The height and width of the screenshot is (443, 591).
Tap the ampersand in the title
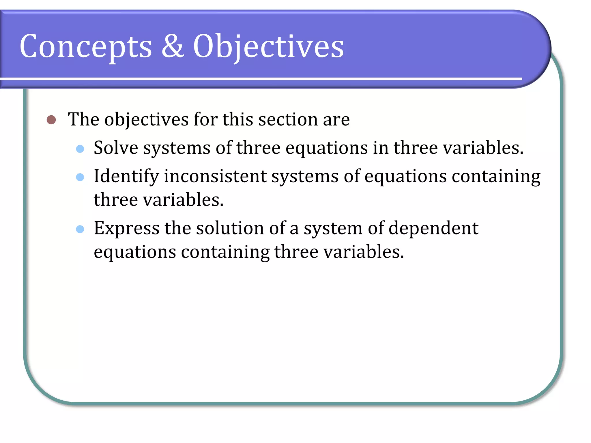[173, 46]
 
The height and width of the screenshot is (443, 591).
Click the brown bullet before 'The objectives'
[51, 120]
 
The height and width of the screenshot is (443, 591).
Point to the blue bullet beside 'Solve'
[80, 149]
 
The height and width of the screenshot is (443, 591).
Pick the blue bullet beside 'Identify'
[80, 177]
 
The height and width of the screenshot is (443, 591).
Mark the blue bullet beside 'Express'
[80, 229]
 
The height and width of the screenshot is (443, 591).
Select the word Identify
[126, 177]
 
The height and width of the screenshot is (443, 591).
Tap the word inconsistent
[215, 176]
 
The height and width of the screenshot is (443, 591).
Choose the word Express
[127, 228]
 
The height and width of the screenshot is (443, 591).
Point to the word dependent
[433, 228]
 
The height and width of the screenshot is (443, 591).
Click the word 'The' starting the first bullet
[84, 119]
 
